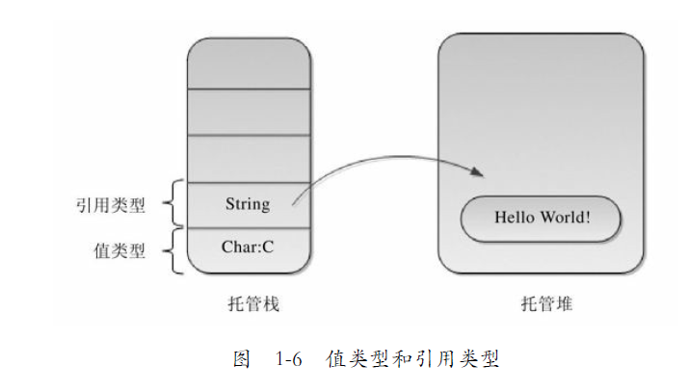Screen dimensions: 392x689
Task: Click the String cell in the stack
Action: pos(249,204)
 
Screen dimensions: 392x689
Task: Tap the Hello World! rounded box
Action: pos(542,218)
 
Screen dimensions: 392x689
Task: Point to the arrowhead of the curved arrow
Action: pos(476,171)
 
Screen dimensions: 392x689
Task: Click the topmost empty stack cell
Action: pos(249,63)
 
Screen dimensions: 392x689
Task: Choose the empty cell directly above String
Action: pos(249,158)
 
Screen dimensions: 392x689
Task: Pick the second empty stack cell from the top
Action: pos(249,112)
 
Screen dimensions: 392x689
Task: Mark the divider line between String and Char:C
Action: pos(249,227)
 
